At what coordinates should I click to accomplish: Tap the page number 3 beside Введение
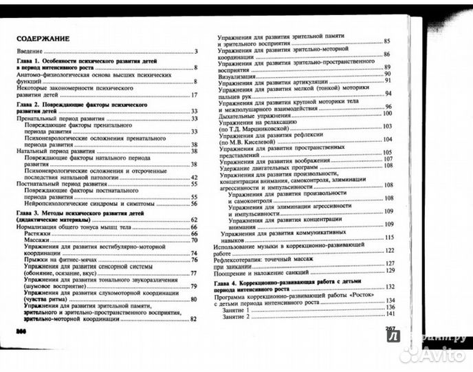coord(196,52)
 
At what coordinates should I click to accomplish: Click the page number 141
coord(390,311)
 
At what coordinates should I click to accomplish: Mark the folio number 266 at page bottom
coord(21,331)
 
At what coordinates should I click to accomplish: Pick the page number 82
coord(194,318)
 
